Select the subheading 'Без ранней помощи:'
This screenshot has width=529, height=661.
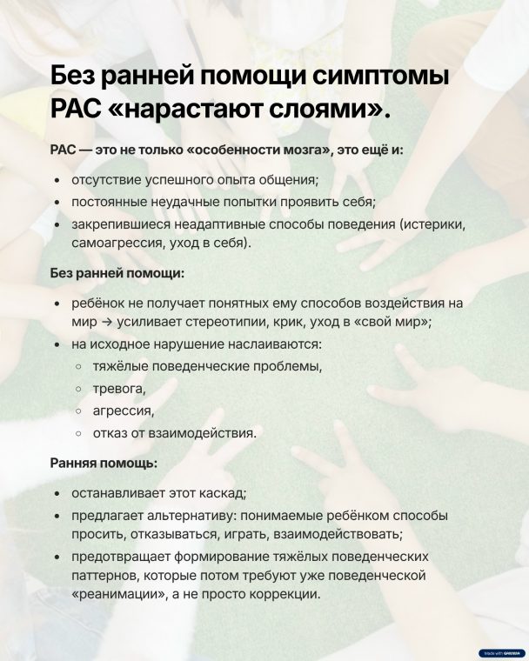[117, 273]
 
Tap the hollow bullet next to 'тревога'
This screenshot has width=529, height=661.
[80, 388]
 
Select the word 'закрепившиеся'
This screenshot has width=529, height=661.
[117, 224]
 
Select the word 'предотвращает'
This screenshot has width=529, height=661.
[119, 556]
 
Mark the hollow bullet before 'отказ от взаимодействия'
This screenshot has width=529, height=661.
[80, 432]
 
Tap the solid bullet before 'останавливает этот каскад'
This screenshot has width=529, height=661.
[57, 492]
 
